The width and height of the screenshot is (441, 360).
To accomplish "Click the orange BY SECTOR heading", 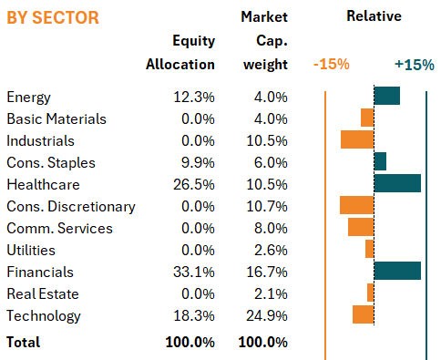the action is click(x=53, y=17).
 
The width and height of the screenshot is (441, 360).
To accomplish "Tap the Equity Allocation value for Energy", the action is click(x=194, y=98).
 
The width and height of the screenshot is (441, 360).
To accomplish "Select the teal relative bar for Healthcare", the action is click(x=397, y=183).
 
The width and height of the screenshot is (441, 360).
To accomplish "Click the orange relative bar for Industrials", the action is click(x=357, y=139).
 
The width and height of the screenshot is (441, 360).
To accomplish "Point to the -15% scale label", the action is click(x=331, y=65).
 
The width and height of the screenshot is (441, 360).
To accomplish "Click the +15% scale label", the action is click(x=415, y=65).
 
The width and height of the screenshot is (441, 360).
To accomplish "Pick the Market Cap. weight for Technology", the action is click(x=267, y=316).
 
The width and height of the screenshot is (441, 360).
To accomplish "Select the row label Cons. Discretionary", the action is click(x=71, y=207).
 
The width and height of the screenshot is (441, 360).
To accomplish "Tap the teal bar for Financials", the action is click(x=397, y=271).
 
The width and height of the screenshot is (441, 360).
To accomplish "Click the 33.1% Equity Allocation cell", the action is click(x=194, y=273).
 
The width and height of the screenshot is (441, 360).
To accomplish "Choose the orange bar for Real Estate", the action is click(x=371, y=293).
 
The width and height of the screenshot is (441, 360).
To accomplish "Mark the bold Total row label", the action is click(x=24, y=343).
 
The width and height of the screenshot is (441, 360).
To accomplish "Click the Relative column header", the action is click(x=374, y=16).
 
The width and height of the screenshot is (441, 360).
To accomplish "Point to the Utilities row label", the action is click(x=31, y=251).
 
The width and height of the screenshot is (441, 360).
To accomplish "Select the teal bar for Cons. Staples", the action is click(x=380, y=161).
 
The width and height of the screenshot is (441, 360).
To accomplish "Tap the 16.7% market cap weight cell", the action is click(x=267, y=273).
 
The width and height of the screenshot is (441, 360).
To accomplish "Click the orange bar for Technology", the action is click(x=364, y=314).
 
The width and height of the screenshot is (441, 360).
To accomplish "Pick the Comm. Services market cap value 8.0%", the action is click(x=271, y=229).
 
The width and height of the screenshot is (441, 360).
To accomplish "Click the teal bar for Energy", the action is click(x=387, y=96).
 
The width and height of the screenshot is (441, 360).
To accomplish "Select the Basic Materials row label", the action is click(x=56, y=119).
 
